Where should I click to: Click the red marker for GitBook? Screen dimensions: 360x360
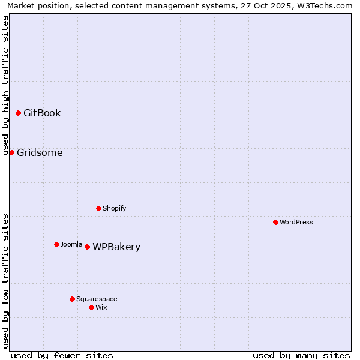(x=19, y=113)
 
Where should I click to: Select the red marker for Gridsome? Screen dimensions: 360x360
(x=11, y=152)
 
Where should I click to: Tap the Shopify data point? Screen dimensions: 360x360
(x=99, y=208)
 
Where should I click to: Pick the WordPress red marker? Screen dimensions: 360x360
(x=275, y=222)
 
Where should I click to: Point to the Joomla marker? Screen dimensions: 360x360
(x=57, y=244)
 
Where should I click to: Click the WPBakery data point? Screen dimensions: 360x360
(x=88, y=247)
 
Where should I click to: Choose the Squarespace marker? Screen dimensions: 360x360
(x=73, y=299)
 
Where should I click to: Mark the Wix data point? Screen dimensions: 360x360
(x=91, y=307)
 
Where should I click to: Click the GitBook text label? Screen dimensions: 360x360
(x=42, y=113)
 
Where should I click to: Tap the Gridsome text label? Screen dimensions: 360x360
(x=40, y=153)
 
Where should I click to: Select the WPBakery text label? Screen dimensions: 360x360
(x=116, y=247)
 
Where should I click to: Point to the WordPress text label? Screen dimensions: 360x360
(x=296, y=222)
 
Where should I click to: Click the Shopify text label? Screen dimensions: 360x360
(x=115, y=208)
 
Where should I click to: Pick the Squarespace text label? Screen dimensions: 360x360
(x=97, y=299)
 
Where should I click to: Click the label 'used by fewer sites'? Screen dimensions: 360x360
(x=62, y=355)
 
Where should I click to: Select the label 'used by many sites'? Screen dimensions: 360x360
(x=301, y=355)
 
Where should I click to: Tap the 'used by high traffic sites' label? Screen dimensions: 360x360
(x=5, y=85)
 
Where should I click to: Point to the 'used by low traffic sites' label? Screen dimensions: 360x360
(x=5, y=280)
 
